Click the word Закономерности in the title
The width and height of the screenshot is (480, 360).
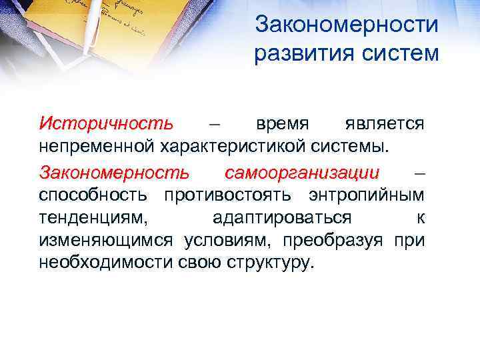tap(347, 25)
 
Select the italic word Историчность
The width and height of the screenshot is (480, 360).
tap(106, 124)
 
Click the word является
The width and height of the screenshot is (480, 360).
tap(385, 125)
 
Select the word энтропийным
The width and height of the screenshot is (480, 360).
tap(367, 195)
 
